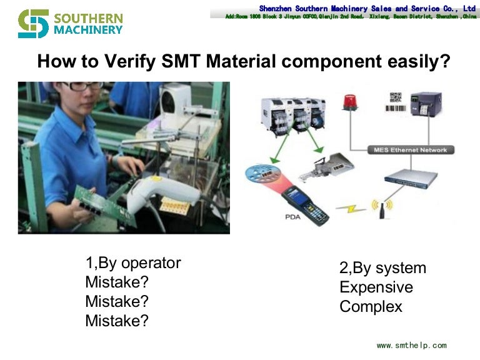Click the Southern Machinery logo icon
click(x=33, y=23)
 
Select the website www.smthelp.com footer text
click(x=411, y=345)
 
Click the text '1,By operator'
click(x=132, y=263)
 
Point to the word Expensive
click(x=376, y=287)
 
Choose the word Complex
click(x=371, y=307)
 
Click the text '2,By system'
click(x=382, y=268)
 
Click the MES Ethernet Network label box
click(x=410, y=150)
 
